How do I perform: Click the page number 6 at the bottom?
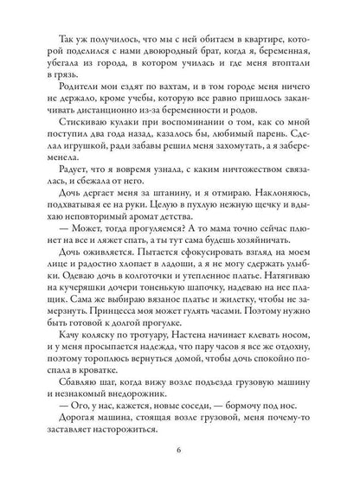[180, 449]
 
